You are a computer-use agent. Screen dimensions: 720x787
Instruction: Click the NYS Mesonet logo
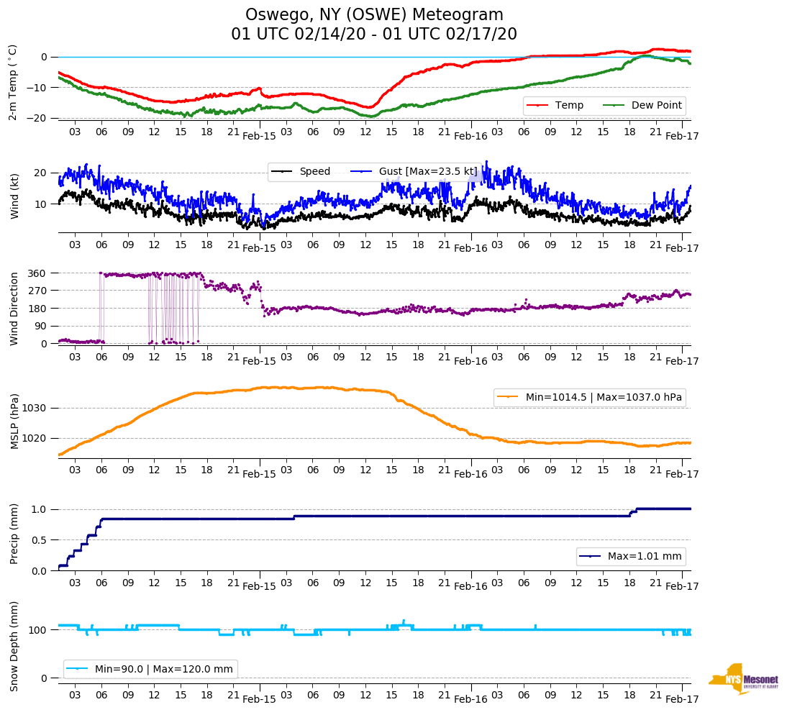[743, 679]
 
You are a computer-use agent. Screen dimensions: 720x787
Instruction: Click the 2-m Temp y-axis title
[12, 81]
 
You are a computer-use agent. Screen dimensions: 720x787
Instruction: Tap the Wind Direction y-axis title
[14, 308]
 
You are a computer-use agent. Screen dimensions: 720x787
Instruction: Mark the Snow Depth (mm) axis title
[14, 645]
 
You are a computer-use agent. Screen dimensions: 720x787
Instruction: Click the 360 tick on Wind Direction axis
[37, 273]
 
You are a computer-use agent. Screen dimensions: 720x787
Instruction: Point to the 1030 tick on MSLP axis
[35, 409]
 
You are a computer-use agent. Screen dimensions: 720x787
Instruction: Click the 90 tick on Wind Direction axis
[40, 326]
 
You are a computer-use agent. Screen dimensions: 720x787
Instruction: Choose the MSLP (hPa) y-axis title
[14, 421]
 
